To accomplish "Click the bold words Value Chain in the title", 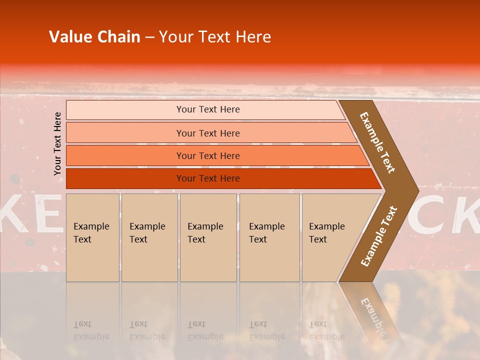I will pos(94,37).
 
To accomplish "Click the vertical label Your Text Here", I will pos(58,143).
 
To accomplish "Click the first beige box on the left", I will pos(92,237).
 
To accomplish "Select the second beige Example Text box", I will pos(149,237).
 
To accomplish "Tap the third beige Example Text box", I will pos(208,237).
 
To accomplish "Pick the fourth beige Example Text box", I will pos(269,237).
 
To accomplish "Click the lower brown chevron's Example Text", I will pos(379,236).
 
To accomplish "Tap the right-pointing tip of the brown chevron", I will pos(415,190).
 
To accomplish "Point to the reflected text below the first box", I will pos(91,330).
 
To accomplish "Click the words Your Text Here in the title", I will pos(215,37).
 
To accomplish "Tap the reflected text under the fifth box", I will pos(326,330).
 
